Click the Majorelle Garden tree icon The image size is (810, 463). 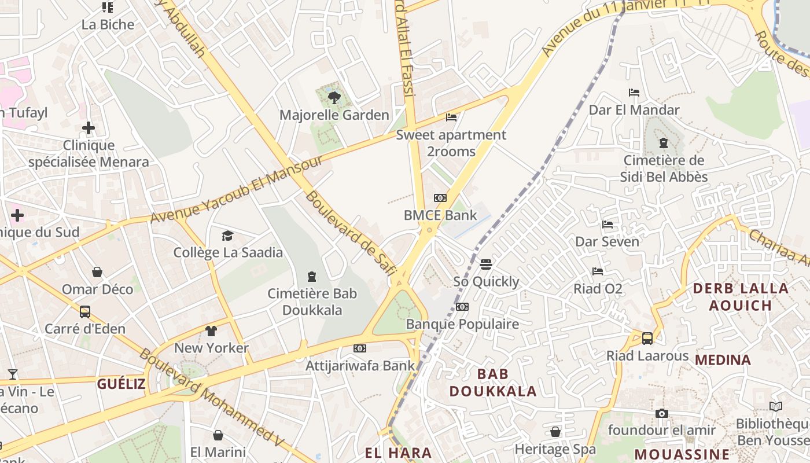click(x=334, y=97)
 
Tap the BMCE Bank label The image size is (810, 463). click(x=440, y=215)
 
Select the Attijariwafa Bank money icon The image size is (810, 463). click(x=360, y=348)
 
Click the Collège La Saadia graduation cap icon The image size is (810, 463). click(x=227, y=236)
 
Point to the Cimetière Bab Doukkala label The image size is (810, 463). click(x=312, y=302)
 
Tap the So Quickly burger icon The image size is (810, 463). click(x=486, y=264)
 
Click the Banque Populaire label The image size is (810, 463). click(x=462, y=324)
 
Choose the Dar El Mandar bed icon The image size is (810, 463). click(x=634, y=93)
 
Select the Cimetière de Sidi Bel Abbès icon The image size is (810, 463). click(x=664, y=143)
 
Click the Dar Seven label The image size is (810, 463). click(x=607, y=241)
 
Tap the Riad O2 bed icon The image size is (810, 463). click(x=598, y=271)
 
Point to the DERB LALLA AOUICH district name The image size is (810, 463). click(x=741, y=297)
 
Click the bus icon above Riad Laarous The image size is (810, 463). click(x=647, y=339)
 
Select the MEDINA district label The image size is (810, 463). click(x=723, y=360)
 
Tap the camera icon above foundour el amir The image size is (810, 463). click(x=662, y=413)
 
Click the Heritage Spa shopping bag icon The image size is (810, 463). click(x=555, y=432)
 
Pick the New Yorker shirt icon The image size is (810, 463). click(x=211, y=331)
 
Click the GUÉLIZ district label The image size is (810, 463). click(x=121, y=384)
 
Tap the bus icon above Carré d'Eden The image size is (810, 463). click(x=85, y=312)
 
